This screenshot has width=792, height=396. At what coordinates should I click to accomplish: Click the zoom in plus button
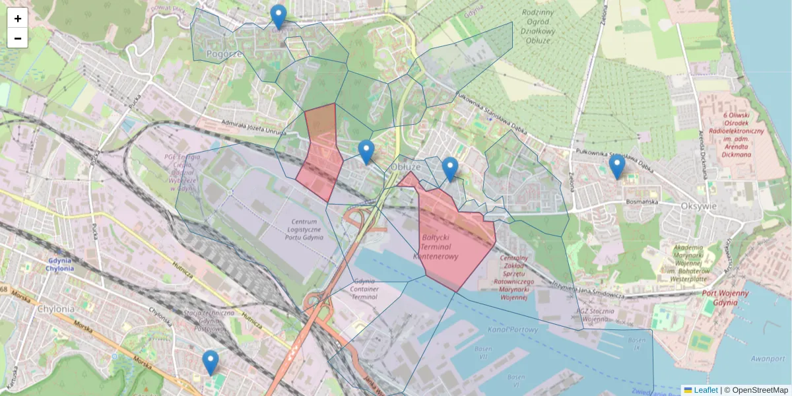(x=18, y=18)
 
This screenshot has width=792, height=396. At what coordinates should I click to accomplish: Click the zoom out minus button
(x=18, y=38)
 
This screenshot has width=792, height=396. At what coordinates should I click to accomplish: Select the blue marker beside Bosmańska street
(x=617, y=166)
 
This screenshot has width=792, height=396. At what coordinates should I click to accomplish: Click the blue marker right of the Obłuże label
(x=450, y=168)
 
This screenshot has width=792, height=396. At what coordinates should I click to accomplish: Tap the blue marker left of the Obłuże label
(x=366, y=151)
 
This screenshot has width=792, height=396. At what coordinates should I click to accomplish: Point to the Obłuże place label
(x=405, y=167)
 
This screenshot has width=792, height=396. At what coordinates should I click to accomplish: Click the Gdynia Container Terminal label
(x=364, y=289)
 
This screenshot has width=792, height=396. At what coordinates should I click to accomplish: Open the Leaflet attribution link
(x=706, y=390)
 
